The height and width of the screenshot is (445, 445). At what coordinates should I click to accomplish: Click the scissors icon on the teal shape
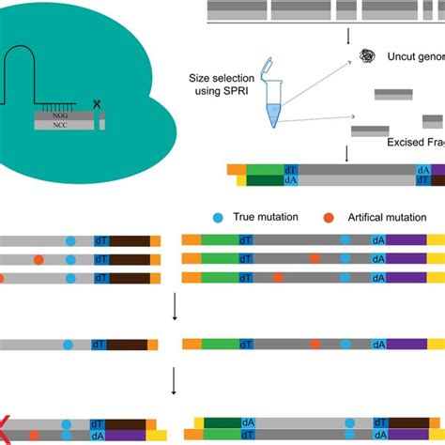[x=97, y=104]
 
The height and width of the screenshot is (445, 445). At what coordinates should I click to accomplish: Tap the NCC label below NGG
[x=61, y=124]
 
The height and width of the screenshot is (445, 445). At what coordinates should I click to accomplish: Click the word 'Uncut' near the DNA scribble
[x=403, y=61]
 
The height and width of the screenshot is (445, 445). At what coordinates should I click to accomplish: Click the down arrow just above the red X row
[x=175, y=380]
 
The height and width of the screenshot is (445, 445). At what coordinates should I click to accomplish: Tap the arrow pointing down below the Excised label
[x=348, y=152]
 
